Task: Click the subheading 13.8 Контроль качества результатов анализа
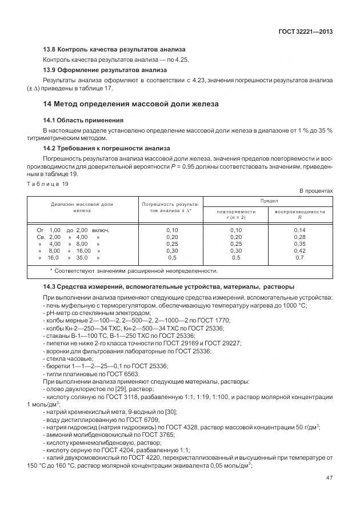pyautogui.click(x=114, y=50)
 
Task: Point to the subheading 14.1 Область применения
pyautogui.click(x=83, y=121)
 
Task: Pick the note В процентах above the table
pyautogui.click(x=316, y=191)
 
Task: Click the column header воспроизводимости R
pyautogui.click(x=300, y=214)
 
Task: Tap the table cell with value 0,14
pyautogui.click(x=300, y=230)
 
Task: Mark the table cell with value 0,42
pyautogui.click(x=300, y=250)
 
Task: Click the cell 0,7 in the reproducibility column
pyautogui.click(x=300, y=257)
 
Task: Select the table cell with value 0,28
pyautogui.click(x=300, y=237)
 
